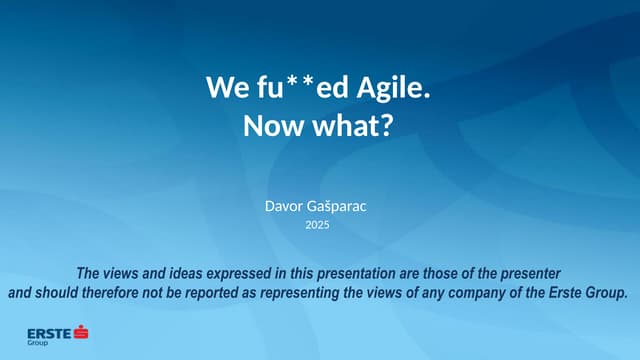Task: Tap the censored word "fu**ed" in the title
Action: [291, 88]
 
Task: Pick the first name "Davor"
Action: [283, 206]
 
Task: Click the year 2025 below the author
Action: [317, 225]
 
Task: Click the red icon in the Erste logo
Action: [81, 330]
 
